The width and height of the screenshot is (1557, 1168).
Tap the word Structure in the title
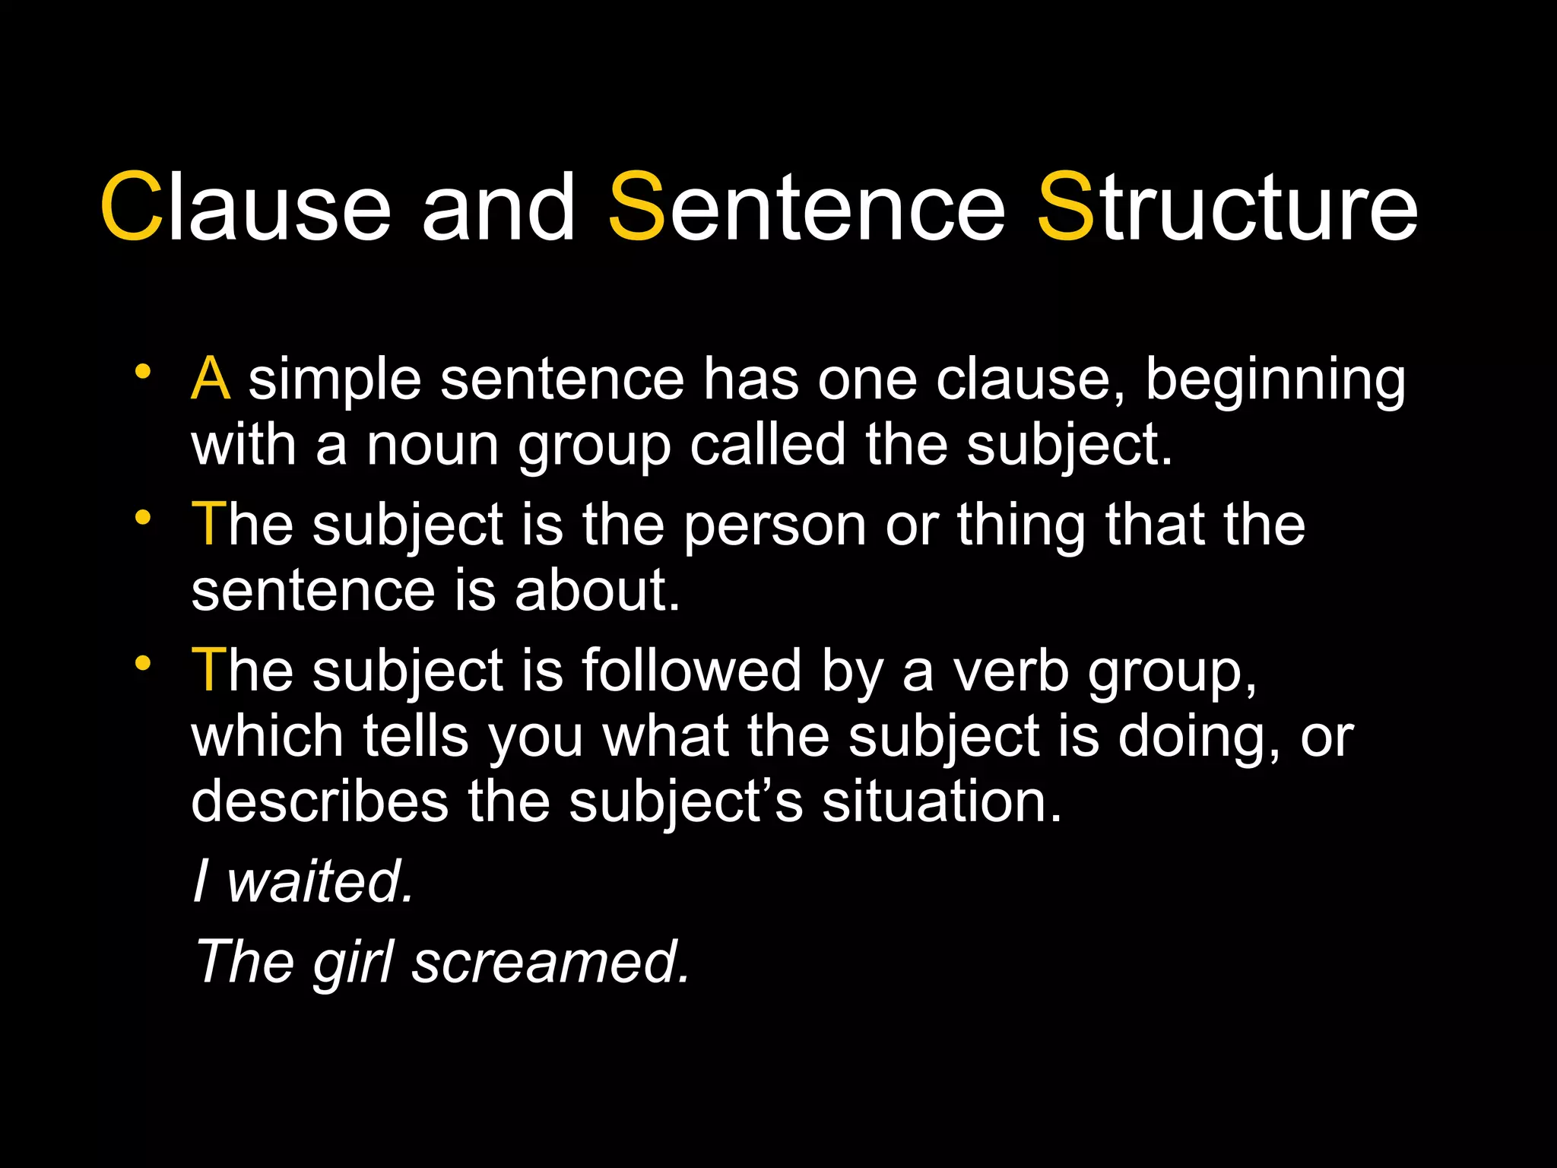pos(1227,207)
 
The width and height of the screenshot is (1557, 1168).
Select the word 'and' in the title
pos(498,207)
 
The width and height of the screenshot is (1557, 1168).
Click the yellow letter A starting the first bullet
pos(211,379)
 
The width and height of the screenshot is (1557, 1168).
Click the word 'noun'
pos(433,446)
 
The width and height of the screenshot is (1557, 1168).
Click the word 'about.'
pos(598,591)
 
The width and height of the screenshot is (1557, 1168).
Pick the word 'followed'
pos(692,671)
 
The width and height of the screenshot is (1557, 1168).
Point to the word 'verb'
pos(1011,671)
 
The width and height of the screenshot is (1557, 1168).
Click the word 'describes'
pos(320,802)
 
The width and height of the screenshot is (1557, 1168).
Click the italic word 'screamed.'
pos(551,963)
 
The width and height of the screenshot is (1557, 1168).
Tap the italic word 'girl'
pos(353,963)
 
